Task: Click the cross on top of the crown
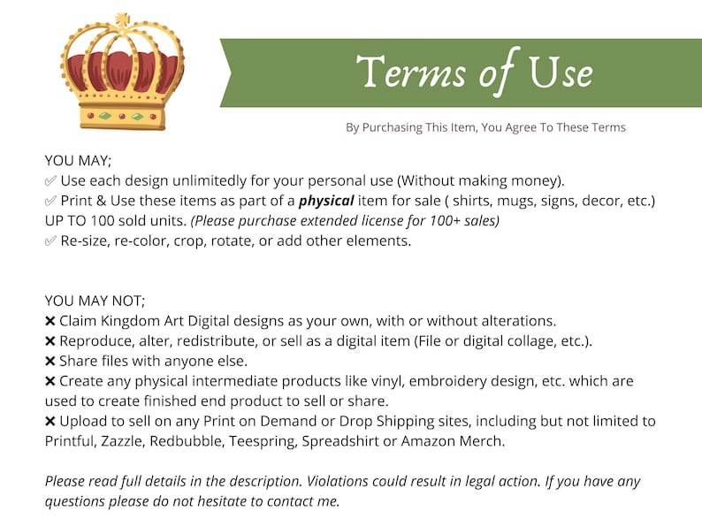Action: pyautogui.click(x=122, y=19)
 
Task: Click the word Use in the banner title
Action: pyautogui.click(x=561, y=73)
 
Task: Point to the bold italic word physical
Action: pyautogui.click(x=326, y=201)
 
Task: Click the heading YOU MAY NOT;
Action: pyautogui.click(x=95, y=301)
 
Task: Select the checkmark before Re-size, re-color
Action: pyautogui.click(x=50, y=241)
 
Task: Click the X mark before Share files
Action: pyautogui.click(x=50, y=362)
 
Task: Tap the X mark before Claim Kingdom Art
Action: pyautogui.click(x=50, y=321)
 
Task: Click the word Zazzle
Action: pyautogui.click(x=123, y=441)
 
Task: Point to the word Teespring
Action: pyautogui.click(x=263, y=442)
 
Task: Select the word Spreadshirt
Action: pyautogui.click(x=340, y=442)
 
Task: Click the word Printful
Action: pyautogui.click(x=71, y=441)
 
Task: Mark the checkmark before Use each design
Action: pyautogui.click(x=50, y=181)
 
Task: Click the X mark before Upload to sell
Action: pyautogui.click(x=50, y=421)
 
